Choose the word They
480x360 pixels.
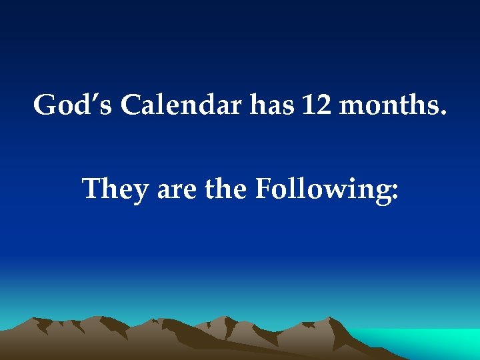115,189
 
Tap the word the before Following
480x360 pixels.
226,189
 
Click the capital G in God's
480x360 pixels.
46,105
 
